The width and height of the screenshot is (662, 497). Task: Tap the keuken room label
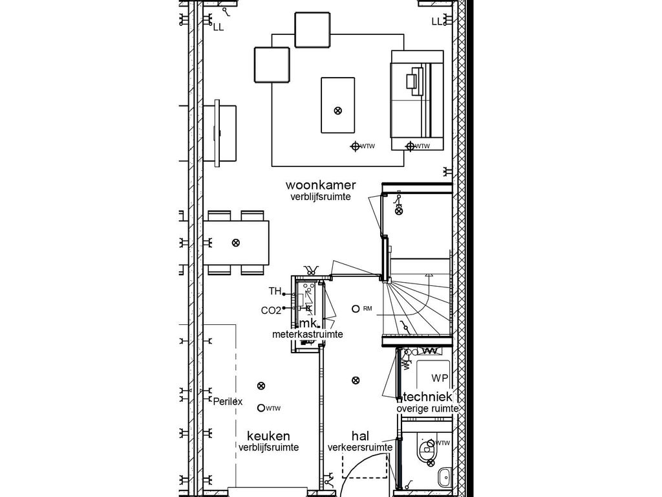pyautogui.click(x=268, y=436)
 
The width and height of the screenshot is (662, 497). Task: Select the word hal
pyautogui.click(x=360, y=436)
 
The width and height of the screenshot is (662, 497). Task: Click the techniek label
pyautogui.click(x=428, y=397)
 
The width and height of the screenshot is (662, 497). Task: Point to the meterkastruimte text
pyautogui.click(x=307, y=335)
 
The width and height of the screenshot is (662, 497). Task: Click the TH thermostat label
pyautogui.click(x=275, y=291)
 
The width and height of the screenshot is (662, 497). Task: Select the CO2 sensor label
pyautogui.click(x=271, y=311)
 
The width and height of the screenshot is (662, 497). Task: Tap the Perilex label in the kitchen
pyautogui.click(x=228, y=401)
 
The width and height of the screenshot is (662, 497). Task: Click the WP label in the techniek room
pyautogui.click(x=440, y=377)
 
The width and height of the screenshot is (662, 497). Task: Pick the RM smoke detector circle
pyautogui.click(x=356, y=309)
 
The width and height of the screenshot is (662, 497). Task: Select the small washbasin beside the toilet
pyautogui.click(x=443, y=478)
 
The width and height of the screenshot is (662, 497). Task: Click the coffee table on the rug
pyautogui.click(x=337, y=105)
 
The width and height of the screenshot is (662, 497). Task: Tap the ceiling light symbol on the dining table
pyautogui.click(x=235, y=243)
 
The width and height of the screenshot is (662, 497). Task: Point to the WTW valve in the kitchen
pyautogui.click(x=261, y=408)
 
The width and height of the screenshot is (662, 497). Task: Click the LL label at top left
pyautogui.click(x=218, y=27)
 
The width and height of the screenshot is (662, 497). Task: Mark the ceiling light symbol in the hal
pyautogui.click(x=355, y=380)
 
